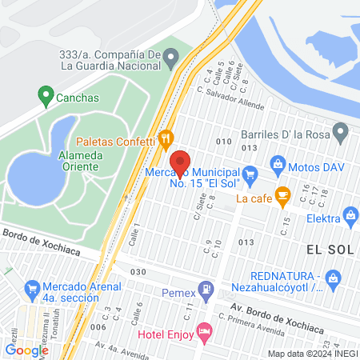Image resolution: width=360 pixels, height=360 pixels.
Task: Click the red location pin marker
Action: [x=181, y=162]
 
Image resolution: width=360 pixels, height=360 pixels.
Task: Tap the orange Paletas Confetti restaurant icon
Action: [x=166, y=138]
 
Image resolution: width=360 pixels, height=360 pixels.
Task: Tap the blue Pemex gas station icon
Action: [x=207, y=288]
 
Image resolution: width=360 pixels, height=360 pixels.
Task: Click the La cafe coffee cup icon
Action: [x=282, y=194]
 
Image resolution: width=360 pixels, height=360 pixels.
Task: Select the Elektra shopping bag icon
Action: [x=350, y=214]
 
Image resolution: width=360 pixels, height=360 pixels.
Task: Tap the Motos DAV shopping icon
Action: [x=278, y=165]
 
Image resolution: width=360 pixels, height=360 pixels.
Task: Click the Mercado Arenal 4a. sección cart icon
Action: [x=32, y=286]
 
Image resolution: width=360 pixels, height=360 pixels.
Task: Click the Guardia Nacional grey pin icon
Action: [x=171, y=55]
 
